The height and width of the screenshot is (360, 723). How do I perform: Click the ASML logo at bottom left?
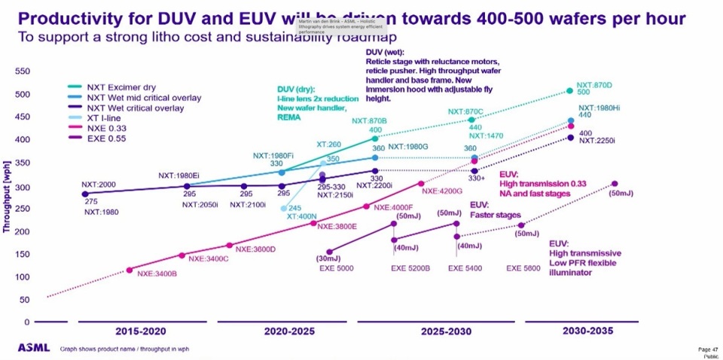point(33,348)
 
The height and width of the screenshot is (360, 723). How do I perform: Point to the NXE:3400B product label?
point(157,273)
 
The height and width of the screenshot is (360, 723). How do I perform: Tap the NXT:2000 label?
point(99,185)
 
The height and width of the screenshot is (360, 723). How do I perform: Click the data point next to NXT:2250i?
point(570,137)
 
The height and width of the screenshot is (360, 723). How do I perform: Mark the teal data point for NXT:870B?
point(375,139)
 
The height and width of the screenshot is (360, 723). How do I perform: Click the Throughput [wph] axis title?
point(7,200)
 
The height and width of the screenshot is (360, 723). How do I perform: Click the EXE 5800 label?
point(523,268)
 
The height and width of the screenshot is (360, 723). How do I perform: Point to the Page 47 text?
point(708,349)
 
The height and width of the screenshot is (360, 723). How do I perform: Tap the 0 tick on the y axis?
point(26,322)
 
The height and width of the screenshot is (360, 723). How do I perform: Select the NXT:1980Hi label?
point(599,106)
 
